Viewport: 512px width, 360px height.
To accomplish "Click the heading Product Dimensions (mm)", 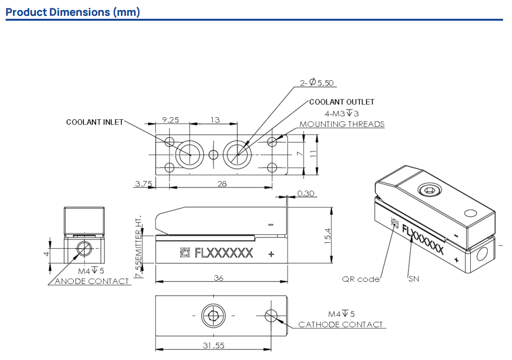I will click(73, 12).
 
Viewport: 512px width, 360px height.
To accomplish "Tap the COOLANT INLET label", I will click(94, 122).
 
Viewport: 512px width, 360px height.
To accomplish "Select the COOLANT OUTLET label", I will click(342, 102).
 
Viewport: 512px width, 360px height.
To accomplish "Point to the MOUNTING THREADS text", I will click(342, 125).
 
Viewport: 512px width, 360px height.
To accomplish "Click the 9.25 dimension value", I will click(170, 120).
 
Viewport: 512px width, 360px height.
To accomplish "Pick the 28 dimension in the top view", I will click(222, 183).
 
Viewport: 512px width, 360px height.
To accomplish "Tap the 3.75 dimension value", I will click(144, 184).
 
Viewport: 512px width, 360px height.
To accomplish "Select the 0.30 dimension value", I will click(306, 194).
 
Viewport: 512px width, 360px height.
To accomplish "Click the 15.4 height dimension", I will click(327, 235).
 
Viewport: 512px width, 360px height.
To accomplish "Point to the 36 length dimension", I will click(219, 278).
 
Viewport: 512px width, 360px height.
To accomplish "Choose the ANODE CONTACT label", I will click(92, 281).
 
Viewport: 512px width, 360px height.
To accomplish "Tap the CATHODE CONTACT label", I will click(340, 324).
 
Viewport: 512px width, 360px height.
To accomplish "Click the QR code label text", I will click(361, 279).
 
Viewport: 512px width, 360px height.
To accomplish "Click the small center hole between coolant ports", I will click(213, 155).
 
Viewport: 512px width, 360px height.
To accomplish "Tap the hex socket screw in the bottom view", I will click(214, 317).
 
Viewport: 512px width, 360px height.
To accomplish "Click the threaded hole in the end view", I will click(83, 248).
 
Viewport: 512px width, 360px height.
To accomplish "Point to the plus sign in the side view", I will click(271, 254).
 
